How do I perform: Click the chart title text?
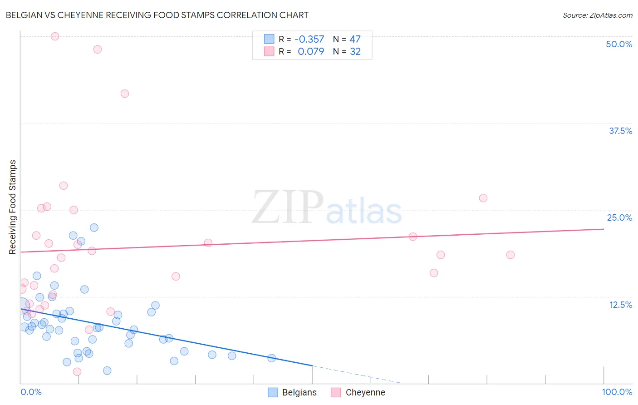click(x=157, y=15)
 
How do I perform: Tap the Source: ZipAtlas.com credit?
click(x=597, y=15)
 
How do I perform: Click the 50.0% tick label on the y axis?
click(x=619, y=44)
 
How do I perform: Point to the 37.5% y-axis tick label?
click(x=620, y=131)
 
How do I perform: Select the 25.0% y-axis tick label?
click(x=619, y=217)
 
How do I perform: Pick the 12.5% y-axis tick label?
click(x=620, y=305)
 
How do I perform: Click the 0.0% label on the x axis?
click(x=31, y=392)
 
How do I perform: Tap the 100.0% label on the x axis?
click(x=617, y=392)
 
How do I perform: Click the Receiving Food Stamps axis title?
click(x=13, y=207)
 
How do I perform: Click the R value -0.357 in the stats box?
click(x=309, y=40)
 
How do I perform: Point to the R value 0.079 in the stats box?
click(x=311, y=52)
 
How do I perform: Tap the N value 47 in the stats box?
click(x=355, y=40)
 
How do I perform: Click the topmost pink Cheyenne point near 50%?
click(x=55, y=36)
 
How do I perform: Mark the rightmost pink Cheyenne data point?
click(x=510, y=255)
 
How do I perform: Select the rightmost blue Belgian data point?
click(x=272, y=358)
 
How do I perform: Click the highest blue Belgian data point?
click(x=94, y=227)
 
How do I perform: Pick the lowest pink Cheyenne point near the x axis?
click(x=77, y=371)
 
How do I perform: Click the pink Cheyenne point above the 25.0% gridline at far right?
click(x=483, y=198)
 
